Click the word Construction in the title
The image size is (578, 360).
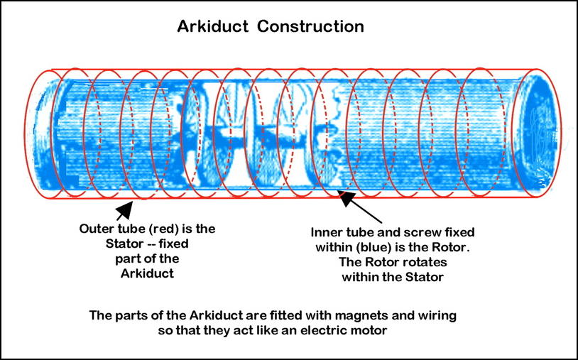[310, 26]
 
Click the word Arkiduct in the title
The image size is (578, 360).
[212, 26]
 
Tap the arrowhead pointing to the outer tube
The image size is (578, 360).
[125, 210]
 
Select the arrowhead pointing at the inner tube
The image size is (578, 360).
[348, 198]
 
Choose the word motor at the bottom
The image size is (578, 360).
[369, 331]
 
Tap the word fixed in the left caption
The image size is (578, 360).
[175, 244]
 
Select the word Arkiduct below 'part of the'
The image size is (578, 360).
[147, 274]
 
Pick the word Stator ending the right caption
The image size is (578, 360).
[425, 277]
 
